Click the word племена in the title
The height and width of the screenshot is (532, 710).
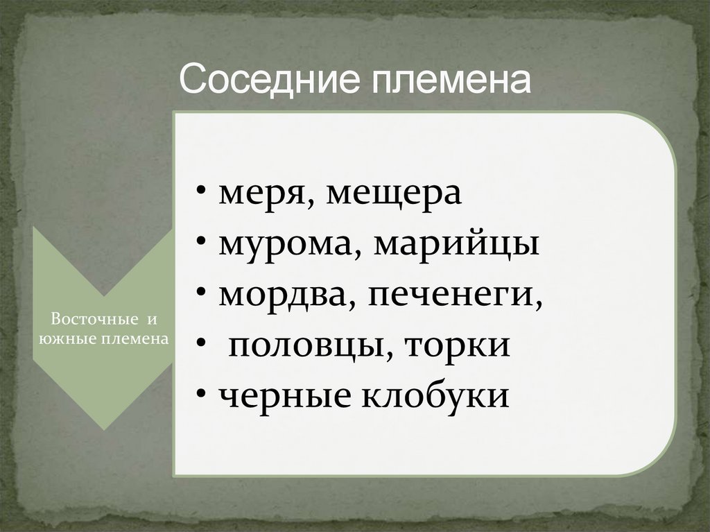click(452, 81)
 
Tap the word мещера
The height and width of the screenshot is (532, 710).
click(394, 195)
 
